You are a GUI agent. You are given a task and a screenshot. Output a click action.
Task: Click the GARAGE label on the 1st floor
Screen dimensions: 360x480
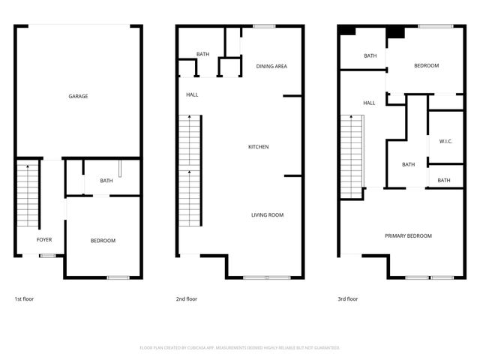pyautogui.click(x=78, y=96)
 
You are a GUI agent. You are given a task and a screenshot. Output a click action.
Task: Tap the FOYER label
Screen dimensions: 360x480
pyautogui.click(x=44, y=240)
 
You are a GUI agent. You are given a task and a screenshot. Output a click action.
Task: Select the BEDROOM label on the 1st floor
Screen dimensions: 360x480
pyautogui.click(x=103, y=240)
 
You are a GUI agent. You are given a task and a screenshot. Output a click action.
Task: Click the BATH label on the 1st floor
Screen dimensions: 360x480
pyautogui.click(x=106, y=180)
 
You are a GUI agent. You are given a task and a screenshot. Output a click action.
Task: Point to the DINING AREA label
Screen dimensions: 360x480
pyautogui.click(x=271, y=67)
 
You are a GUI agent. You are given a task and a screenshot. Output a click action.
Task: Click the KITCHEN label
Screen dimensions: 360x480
pyautogui.click(x=258, y=147)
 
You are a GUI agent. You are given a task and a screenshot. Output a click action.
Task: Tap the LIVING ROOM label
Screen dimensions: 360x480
pyautogui.click(x=267, y=215)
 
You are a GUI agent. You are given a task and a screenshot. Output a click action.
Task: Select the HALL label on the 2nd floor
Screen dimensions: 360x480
pyautogui.click(x=193, y=95)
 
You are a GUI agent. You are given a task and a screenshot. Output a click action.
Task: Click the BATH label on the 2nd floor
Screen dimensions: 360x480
pyautogui.click(x=202, y=54)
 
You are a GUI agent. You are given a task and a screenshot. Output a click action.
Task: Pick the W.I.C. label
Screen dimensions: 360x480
pyautogui.click(x=444, y=142)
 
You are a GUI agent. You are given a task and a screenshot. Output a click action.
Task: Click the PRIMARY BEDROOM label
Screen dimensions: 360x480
pyautogui.click(x=408, y=236)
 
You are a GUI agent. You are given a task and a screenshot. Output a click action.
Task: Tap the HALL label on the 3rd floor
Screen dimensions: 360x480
pyautogui.click(x=369, y=103)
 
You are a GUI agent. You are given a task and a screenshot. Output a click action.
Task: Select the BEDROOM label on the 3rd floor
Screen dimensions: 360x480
pyautogui.click(x=426, y=66)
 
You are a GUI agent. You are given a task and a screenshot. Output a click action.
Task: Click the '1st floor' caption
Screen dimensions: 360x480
pyautogui.click(x=24, y=299)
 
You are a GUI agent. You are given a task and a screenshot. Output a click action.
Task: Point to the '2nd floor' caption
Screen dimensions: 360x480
pyautogui.click(x=187, y=299)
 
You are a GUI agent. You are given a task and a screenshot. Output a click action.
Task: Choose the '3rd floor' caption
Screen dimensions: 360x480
pyautogui.click(x=347, y=299)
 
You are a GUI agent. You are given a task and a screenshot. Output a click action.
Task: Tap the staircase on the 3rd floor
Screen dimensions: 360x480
pyautogui.click(x=352, y=157)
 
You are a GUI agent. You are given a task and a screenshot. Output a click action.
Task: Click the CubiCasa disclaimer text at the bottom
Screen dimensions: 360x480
pyautogui.click(x=240, y=348)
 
